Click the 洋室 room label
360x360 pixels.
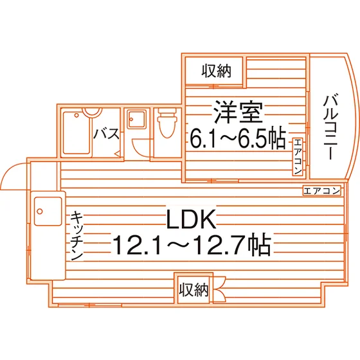pyautogui.click(x=239, y=113)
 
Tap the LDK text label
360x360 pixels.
pyautogui.click(x=192, y=219)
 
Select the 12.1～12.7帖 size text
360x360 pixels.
pyautogui.click(x=192, y=245)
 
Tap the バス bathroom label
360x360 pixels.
pyautogui.click(x=107, y=134)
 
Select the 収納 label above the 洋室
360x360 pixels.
pyautogui.click(x=216, y=71)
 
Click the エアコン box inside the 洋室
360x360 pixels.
pyautogui.click(x=298, y=157)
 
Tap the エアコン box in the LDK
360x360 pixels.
pyautogui.click(x=321, y=190)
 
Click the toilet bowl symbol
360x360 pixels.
pyautogui.click(x=167, y=123)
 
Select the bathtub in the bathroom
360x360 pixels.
pyautogui.click(x=76, y=132)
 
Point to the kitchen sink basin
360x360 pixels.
pyautogui.click(x=48, y=212)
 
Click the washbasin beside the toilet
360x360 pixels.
pyautogui.click(x=137, y=120)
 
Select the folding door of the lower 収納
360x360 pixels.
pyautogui.click(x=219, y=290)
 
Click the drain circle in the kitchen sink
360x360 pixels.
pyautogui.click(x=40, y=212)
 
